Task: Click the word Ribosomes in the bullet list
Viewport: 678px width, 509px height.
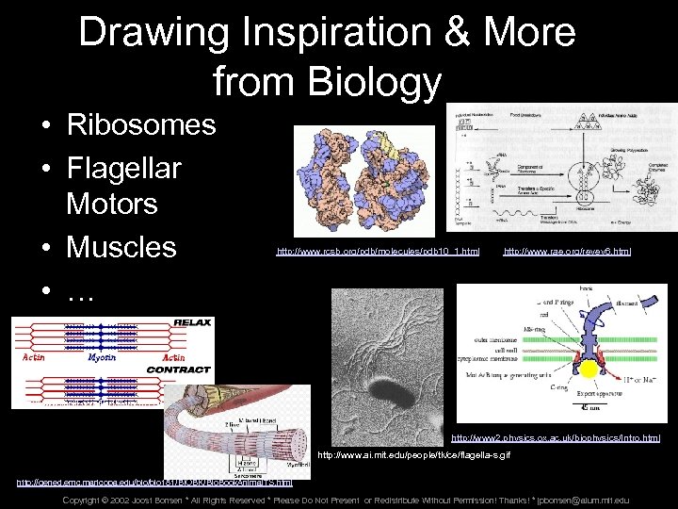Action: coord(141,124)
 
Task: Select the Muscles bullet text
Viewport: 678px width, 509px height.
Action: coord(121,247)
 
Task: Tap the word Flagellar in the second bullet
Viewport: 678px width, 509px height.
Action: coord(123,170)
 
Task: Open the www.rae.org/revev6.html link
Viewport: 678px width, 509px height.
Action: coord(567,252)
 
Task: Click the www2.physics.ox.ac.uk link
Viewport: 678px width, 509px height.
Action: coord(556,438)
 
